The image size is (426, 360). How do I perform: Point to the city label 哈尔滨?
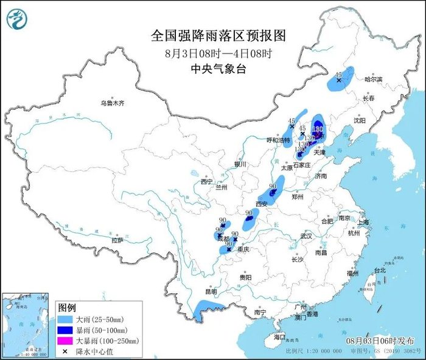click(373, 80)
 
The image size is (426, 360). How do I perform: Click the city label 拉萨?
click(117, 240)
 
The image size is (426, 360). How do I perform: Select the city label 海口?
click(279, 336)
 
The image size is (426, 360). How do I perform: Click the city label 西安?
click(262, 203)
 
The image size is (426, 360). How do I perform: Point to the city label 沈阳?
click(360, 120)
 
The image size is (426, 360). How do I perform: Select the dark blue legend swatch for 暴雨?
click(66, 330)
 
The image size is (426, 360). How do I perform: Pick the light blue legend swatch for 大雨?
click(66, 319)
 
